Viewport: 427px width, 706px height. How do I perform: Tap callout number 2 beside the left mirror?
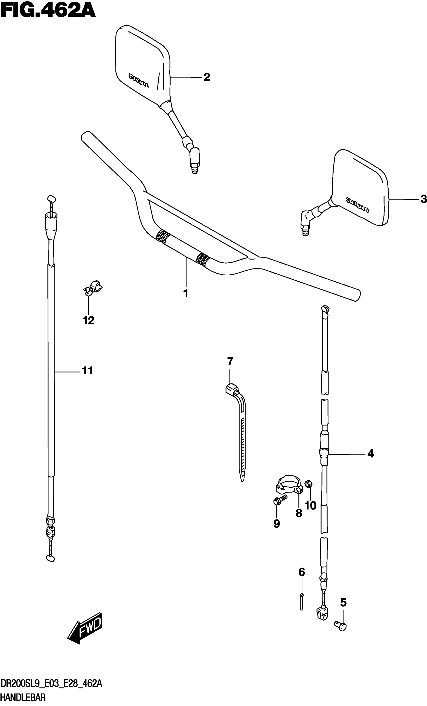point(207,77)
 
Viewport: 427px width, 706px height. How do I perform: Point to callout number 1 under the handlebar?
point(186,293)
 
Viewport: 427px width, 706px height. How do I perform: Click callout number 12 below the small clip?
point(88,320)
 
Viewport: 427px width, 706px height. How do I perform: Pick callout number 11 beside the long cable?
point(88,371)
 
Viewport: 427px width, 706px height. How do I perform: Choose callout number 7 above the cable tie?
point(230,361)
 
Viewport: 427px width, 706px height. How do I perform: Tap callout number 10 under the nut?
point(310,506)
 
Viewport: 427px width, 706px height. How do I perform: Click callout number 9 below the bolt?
point(277,524)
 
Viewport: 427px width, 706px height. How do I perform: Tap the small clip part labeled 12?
point(92,287)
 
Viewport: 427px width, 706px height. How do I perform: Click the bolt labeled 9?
point(280,500)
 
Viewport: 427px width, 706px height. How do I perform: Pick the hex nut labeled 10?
point(309,484)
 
